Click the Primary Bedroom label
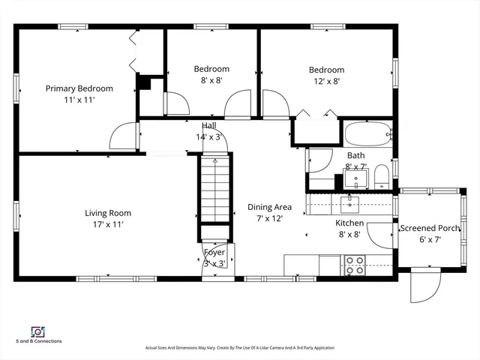(79, 88)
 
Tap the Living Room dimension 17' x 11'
(108, 224)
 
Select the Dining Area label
(269, 207)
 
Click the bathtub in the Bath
(368, 134)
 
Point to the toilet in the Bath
(382, 177)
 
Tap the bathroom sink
(355, 178)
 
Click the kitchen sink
(349, 205)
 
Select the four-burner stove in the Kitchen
(355, 265)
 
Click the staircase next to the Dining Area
(215, 188)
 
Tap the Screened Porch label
(430, 228)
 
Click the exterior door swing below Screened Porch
(425, 285)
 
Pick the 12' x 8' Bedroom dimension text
(327, 82)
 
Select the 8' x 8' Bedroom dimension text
(211, 80)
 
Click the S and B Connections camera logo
(38, 331)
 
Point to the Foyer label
(214, 252)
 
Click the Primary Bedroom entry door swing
(123, 136)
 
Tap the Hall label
(209, 125)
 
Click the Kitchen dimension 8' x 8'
(349, 235)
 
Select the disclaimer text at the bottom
(240, 348)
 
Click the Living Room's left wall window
(16, 216)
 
